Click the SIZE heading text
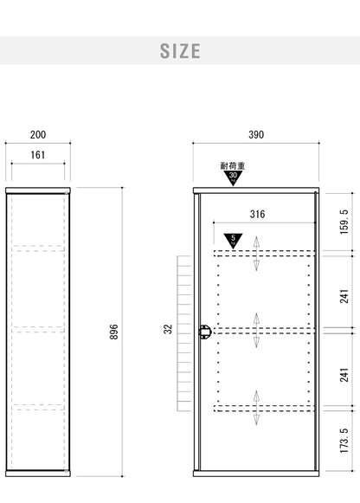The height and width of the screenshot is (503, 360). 180,51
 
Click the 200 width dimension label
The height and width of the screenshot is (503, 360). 38,134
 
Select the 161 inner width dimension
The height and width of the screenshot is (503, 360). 38,155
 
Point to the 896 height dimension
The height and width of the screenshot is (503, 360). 113,332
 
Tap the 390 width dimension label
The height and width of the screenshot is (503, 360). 256,134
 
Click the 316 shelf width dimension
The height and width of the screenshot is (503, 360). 257,214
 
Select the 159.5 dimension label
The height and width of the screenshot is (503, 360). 344,222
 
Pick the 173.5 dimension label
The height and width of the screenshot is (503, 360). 344,441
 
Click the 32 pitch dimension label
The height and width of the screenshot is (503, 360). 168,329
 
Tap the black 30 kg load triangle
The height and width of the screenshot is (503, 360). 233,177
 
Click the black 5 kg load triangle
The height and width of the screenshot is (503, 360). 233,241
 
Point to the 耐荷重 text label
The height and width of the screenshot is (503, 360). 233,166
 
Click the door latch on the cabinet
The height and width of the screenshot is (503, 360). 204,332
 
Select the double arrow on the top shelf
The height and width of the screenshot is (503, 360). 256,254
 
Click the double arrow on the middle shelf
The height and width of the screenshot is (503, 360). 256,331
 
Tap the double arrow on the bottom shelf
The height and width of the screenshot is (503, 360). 256,408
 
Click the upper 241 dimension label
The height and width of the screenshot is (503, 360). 344,296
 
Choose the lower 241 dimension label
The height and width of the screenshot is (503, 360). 344,375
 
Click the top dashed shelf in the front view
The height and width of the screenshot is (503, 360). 265,254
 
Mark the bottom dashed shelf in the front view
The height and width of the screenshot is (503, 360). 265,409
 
